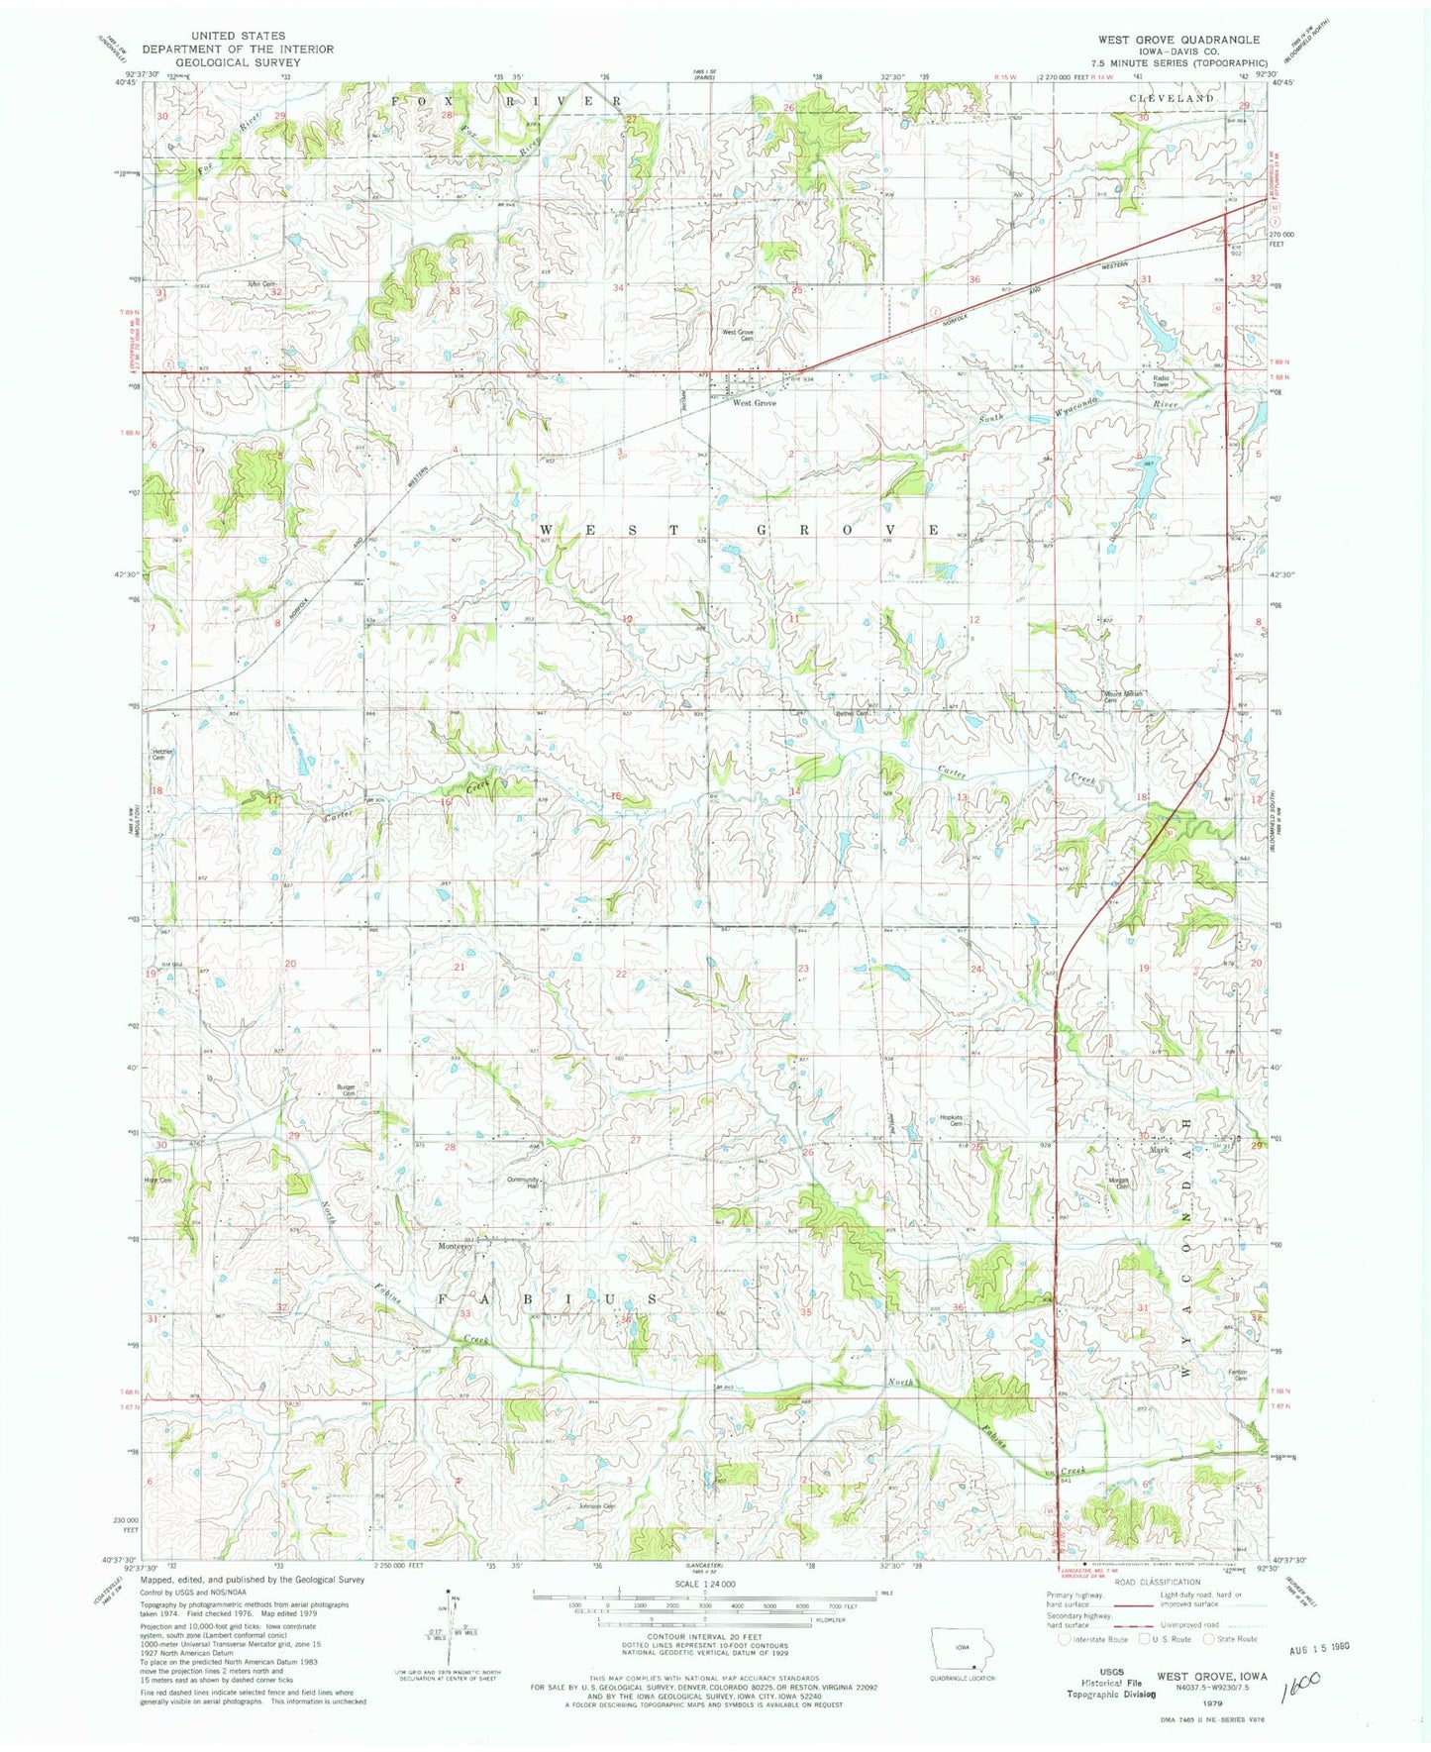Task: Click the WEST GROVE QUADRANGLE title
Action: coord(1177,40)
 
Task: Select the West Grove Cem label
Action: coord(738,335)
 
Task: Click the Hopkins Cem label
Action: coord(951,1121)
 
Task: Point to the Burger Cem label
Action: coord(346,1089)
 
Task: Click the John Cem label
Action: coord(259,284)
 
